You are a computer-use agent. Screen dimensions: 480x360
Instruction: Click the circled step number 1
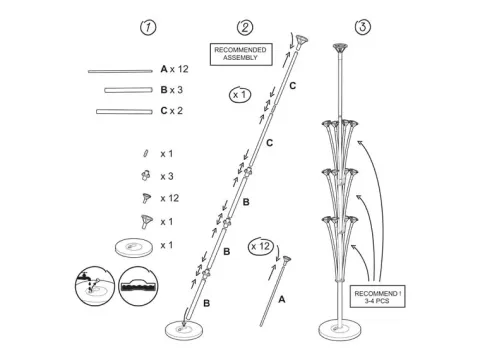point(148,27)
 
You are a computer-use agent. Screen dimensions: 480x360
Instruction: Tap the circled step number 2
point(245,27)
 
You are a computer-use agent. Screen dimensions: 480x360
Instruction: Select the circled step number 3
point(363,27)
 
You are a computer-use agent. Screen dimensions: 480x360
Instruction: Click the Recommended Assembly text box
point(241,54)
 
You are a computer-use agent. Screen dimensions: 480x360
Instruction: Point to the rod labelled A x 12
point(120,71)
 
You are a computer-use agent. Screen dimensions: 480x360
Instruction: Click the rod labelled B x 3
point(128,90)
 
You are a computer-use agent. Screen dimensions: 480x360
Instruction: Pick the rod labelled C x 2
point(124,111)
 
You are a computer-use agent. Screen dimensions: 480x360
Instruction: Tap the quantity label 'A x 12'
point(174,69)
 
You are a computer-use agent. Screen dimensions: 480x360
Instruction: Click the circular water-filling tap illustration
point(95,286)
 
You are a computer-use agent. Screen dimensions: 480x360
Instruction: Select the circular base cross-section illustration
point(138,286)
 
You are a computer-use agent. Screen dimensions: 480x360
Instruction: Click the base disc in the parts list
point(134,247)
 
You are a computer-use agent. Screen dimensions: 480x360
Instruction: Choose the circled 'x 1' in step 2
point(240,95)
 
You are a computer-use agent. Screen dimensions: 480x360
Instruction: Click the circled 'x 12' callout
point(261,247)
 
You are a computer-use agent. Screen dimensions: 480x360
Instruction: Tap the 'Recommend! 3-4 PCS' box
point(378,296)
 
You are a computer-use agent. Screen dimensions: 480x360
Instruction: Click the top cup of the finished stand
point(340,48)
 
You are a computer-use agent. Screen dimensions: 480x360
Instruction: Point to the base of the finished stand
point(340,329)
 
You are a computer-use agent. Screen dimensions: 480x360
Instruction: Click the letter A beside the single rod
point(282,300)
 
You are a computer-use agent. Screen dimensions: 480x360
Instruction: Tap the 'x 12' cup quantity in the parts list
point(170,198)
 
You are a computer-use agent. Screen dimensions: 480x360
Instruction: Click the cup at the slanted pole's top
point(301,41)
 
